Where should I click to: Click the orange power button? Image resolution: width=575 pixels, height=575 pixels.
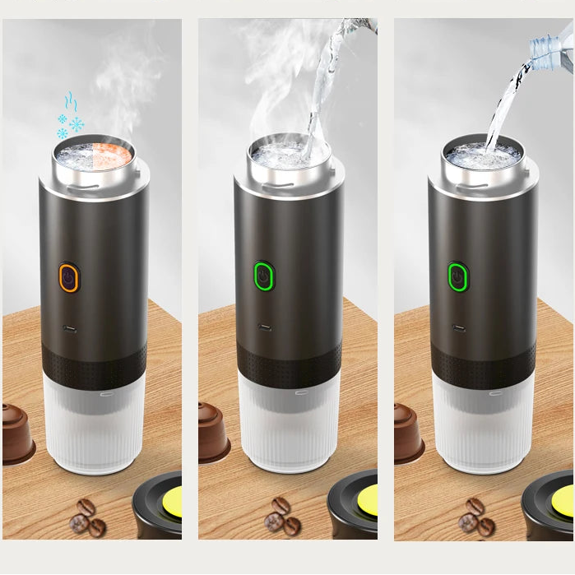(68, 278)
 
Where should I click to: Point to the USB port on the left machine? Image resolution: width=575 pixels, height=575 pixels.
(69, 332)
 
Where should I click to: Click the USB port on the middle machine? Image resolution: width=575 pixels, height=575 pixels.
(263, 327)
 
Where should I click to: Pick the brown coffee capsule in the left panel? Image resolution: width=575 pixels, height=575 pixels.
(16, 432)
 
